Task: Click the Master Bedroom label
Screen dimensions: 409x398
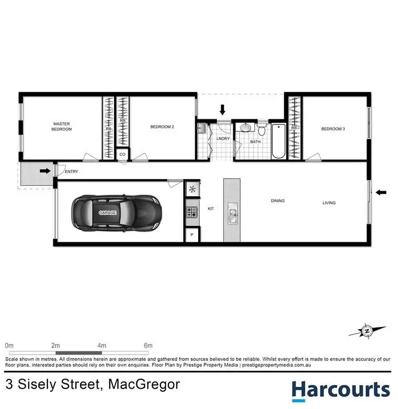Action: click(x=61, y=126)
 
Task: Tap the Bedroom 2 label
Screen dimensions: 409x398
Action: click(x=163, y=127)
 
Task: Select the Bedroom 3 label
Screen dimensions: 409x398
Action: click(x=333, y=128)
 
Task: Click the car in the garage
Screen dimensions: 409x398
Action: click(x=115, y=212)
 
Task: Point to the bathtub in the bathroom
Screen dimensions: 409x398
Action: click(x=279, y=141)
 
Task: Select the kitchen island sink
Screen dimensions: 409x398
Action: click(x=232, y=216)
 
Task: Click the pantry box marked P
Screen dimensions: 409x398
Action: click(x=191, y=235)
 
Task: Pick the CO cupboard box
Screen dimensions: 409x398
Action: click(x=123, y=154)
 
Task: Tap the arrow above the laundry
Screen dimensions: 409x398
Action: click(x=223, y=110)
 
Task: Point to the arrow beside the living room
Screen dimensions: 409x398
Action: click(x=380, y=192)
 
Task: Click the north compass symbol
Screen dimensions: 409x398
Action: click(x=367, y=331)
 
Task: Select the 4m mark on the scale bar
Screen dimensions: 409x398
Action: click(x=101, y=345)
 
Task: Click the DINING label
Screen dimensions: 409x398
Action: click(x=278, y=201)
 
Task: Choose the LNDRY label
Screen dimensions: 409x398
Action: click(x=222, y=138)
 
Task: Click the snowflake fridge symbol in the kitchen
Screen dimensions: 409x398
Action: click(x=191, y=189)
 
